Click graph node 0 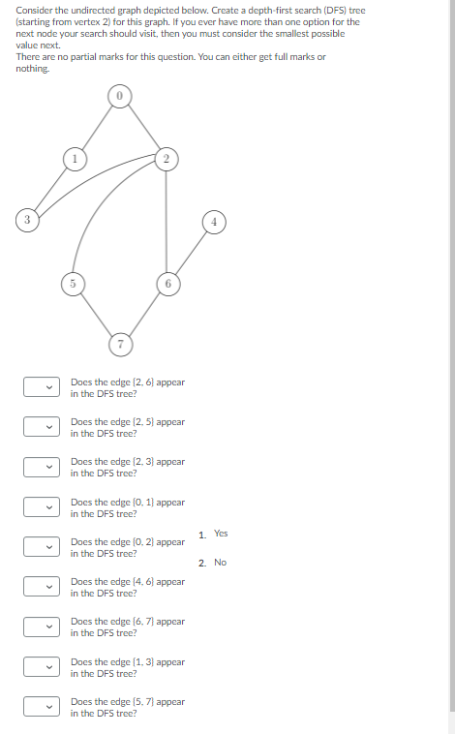tap(118, 96)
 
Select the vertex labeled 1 tap(71, 157)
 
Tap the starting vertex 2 tap(167, 157)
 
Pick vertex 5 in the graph tap(71, 283)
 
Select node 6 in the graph tap(167, 283)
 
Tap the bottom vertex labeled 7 tap(118, 344)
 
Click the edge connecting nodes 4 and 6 tap(190, 251)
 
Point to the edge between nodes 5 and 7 tap(94, 313)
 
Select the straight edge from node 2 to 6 tap(167, 220)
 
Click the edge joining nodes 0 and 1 tap(94, 127)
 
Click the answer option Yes tap(221, 534)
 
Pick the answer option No tap(220, 563)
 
